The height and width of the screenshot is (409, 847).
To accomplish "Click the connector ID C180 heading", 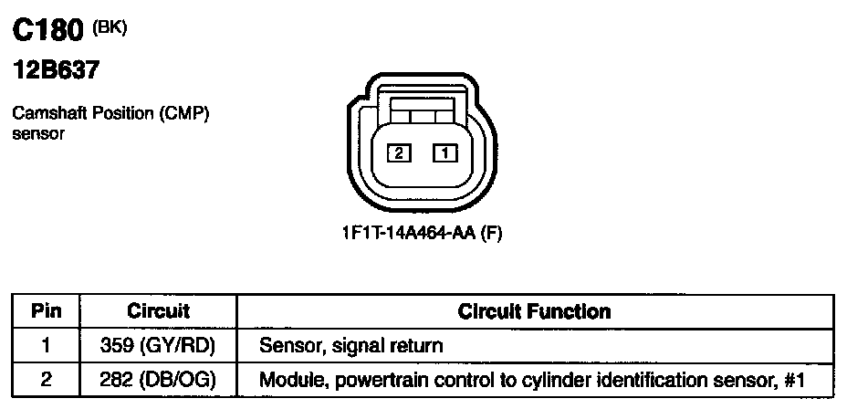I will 48,32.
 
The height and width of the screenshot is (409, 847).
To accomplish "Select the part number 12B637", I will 55,70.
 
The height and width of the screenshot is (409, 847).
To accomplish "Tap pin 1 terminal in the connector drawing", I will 444,153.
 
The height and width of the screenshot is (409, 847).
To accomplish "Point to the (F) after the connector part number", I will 491,233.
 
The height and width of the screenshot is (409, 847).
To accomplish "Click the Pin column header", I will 46,310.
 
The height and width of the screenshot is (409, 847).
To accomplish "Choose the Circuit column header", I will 158,310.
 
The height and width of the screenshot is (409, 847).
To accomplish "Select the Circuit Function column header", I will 534,310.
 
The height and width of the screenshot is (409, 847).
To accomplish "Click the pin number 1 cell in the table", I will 46,346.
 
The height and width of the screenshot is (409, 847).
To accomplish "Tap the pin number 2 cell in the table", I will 46,378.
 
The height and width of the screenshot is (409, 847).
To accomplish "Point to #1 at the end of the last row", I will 796,378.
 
